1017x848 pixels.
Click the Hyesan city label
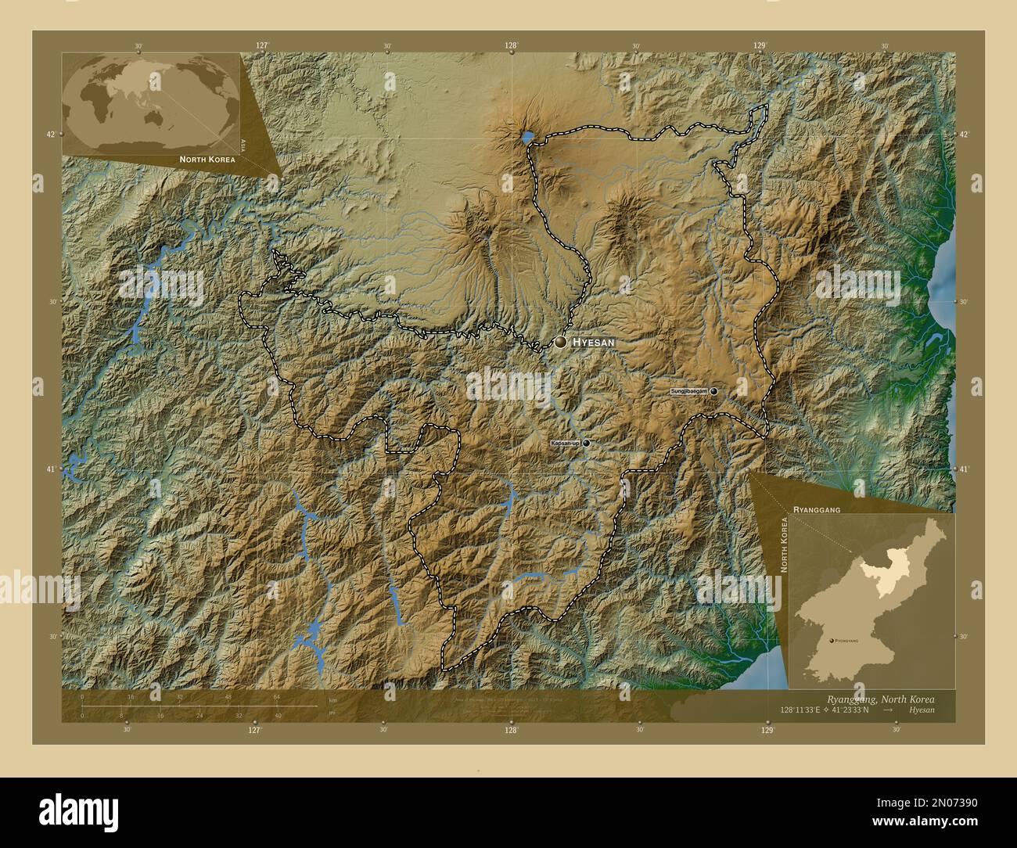click(594, 343)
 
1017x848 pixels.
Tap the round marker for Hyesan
click(561, 342)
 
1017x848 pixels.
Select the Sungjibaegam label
click(689, 390)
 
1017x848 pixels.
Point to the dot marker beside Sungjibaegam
click(713, 390)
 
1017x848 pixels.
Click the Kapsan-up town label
click(565, 444)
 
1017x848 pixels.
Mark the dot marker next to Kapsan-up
click(586, 443)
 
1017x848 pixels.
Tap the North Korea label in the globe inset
click(207, 159)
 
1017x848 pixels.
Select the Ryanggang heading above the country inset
click(817, 509)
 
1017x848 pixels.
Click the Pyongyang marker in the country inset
click(831, 640)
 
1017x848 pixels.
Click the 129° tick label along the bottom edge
click(767, 729)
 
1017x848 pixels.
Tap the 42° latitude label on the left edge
click(50, 135)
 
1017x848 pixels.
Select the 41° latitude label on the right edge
click(965, 469)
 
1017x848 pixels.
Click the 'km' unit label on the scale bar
click(332, 699)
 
